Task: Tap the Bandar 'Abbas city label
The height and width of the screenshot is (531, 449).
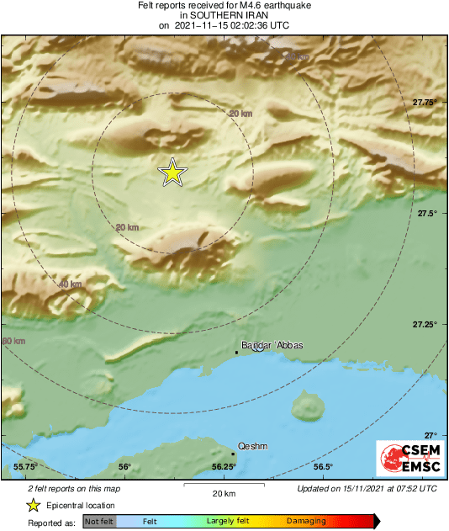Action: click(x=272, y=345)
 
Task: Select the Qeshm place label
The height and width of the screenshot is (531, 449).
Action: click(x=253, y=447)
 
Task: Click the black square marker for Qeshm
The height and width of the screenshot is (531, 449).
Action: click(x=233, y=454)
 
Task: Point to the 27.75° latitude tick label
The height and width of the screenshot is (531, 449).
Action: click(x=425, y=103)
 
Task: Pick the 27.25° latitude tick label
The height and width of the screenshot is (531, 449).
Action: click(x=425, y=325)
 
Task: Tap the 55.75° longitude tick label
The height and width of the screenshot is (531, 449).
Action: click(x=26, y=467)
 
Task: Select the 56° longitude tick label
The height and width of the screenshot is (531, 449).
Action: click(x=124, y=467)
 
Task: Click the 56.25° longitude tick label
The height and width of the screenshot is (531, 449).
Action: click(x=223, y=467)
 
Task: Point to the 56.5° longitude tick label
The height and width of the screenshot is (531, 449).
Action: click(x=323, y=467)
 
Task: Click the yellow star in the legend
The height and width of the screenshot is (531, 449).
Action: click(x=33, y=505)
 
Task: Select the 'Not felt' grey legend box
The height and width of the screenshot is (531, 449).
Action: click(x=98, y=522)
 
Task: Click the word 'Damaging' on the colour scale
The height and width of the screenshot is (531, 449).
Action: click(x=306, y=522)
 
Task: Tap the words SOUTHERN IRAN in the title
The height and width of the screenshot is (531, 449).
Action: click(x=224, y=15)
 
